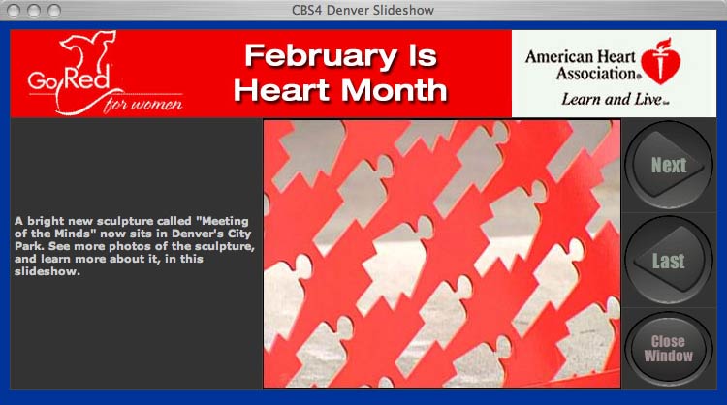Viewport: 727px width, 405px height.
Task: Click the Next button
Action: tap(669, 165)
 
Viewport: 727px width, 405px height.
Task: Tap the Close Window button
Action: tap(669, 349)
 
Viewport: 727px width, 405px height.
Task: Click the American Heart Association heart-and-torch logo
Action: tap(661, 61)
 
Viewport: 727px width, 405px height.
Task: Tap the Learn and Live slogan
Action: tap(616, 99)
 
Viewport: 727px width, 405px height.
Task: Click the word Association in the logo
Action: tap(597, 74)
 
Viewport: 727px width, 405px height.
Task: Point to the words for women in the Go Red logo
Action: tap(143, 104)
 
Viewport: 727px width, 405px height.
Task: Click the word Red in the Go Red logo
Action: tap(87, 78)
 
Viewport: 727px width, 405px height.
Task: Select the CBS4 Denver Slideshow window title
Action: tap(363, 11)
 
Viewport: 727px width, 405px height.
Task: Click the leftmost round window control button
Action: tap(14, 11)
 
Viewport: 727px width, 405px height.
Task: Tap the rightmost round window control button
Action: tap(54, 11)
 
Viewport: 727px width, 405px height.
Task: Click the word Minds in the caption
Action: tap(59, 234)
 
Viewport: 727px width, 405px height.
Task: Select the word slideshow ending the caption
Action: tap(47, 271)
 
